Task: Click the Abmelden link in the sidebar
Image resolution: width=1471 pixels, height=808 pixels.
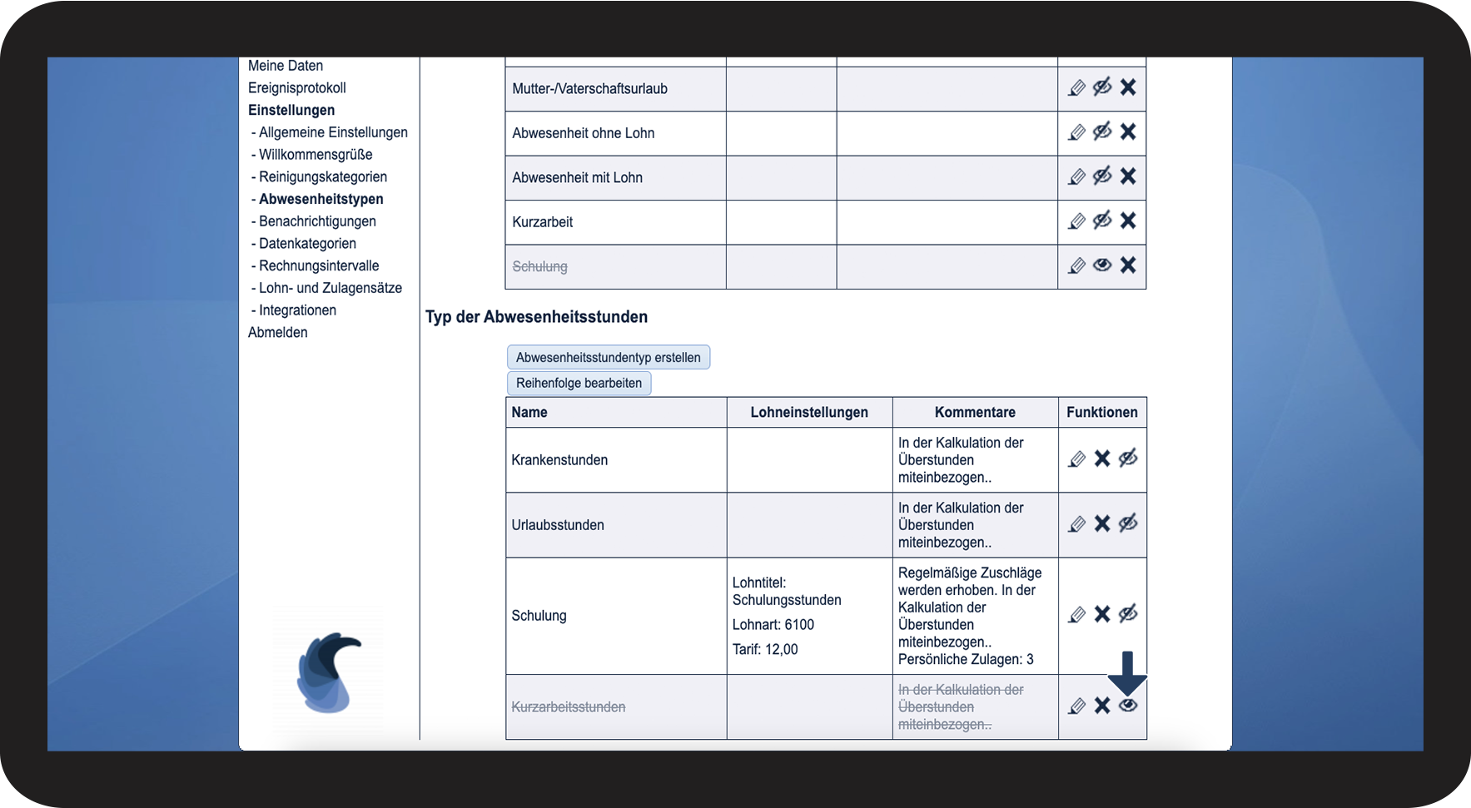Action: [x=278, y=332]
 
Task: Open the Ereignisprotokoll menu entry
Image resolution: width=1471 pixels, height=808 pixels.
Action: [x=296, y=87]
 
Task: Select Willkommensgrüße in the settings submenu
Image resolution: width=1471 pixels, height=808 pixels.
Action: [x=316, y=154]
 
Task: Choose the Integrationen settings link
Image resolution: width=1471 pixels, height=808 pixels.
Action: [x=297, y=310]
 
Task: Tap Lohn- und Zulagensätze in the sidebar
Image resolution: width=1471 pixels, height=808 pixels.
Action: [x=330, y=288]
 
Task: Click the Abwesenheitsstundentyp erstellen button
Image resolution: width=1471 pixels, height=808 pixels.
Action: [x=608, y=357]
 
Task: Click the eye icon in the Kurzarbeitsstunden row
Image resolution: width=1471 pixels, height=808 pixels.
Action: [x=1128, y=706]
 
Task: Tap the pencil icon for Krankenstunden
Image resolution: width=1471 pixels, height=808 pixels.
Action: [x=1076, y=459]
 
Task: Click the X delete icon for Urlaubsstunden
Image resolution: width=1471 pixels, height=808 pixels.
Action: [x=1102, y=523]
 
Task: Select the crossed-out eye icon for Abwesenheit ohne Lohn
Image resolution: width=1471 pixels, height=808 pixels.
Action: [x=1102, y=131]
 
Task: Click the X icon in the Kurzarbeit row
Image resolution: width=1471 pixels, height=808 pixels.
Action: [x=1128, y=221]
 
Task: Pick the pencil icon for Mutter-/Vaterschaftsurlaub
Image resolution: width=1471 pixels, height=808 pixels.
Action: [x=1076, y=88]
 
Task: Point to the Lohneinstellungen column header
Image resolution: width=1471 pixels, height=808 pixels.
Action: [x=808, y=412]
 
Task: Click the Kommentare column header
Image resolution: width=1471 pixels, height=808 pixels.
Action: [x=975, y=412]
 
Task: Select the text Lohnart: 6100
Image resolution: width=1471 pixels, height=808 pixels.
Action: [x=773, y=625]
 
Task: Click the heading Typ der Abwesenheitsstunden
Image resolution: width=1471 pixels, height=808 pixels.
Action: [x=536, y=317]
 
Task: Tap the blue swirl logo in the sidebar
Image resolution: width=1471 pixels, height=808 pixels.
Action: [x=328, y=672]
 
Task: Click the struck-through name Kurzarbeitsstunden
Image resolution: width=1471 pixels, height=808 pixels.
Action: [x=569, y=707]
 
